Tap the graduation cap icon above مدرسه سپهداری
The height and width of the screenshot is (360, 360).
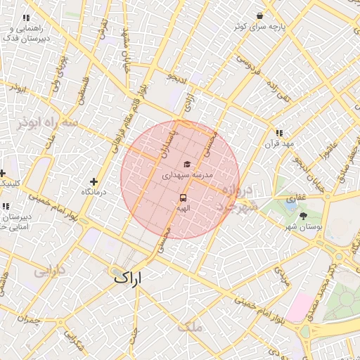[x=186, y=164]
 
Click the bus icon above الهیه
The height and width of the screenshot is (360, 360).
[x=183, y=198]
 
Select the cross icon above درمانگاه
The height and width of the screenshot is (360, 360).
[x=94, y=181]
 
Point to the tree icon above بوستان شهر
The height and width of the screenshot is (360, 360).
[x=304, y=216]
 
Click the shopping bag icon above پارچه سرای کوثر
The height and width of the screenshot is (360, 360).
[x=260, y=15]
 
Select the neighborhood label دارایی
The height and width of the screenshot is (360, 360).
[x=50, y=269]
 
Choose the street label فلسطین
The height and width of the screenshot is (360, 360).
[x=79, y=92]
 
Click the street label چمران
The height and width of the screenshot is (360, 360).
[x=28, y=321]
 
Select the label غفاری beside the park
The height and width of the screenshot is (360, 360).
[x=291, y=199]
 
